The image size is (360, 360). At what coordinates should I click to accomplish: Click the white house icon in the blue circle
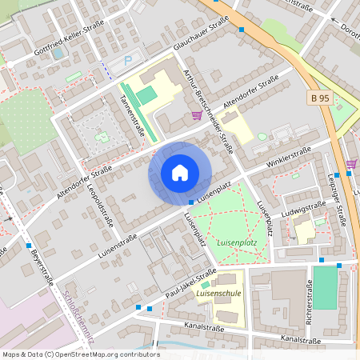180,172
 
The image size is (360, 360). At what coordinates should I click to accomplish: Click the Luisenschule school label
218,294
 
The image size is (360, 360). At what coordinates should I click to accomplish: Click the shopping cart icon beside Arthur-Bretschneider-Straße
197,116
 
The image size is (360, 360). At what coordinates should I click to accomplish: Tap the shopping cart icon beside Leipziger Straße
351,163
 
